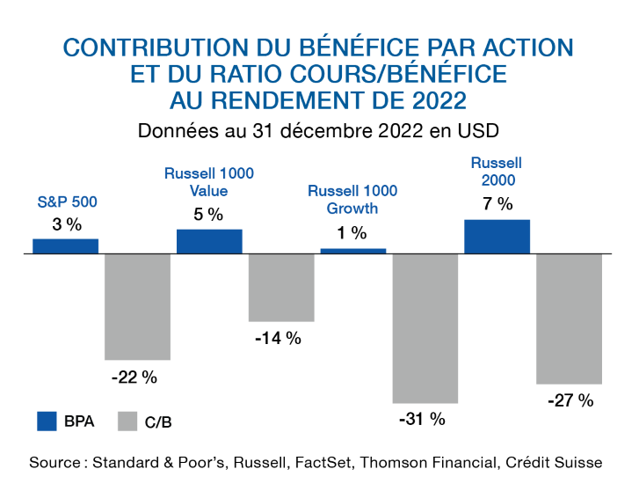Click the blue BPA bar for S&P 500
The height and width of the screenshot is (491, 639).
(x=66, y=245)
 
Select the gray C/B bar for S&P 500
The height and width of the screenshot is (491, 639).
(x=137, y=306)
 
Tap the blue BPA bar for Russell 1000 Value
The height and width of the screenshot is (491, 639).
(x=210, y=241)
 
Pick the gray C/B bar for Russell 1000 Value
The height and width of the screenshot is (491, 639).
(x=281, y=287)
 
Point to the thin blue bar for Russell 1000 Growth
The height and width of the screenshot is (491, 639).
(x=353, y=251)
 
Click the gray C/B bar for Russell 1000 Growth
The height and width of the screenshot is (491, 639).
(x=425, y=328)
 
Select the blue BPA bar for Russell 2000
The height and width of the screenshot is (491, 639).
(x=497, y=236)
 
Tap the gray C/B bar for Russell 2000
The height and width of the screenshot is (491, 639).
(x=569, y=319)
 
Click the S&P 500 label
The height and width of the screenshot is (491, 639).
(x=67, y=202)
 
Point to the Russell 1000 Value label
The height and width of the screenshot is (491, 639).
(x=209, y=181)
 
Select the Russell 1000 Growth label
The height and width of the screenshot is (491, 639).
(x=352, y=200)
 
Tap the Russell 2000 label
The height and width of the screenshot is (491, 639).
(x=497, y=172)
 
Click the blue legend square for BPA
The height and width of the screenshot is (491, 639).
(x=47, y=421)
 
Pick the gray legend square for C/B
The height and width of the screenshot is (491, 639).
(x=127, y=421)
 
